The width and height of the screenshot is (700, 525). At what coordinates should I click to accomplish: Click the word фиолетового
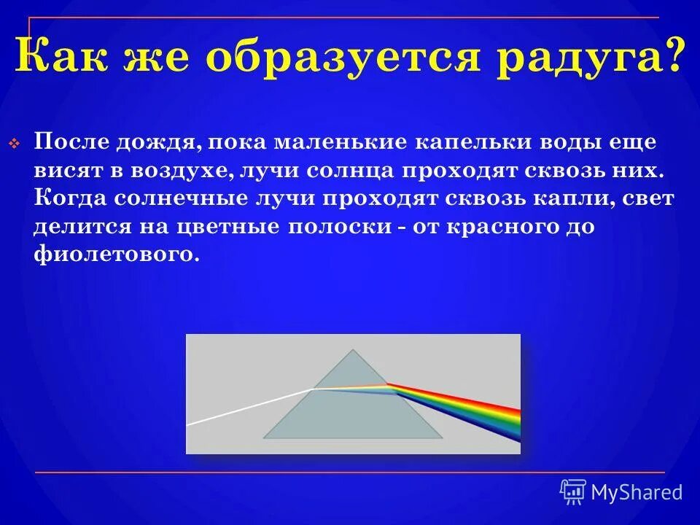pyautogui.click(x=115, y=255)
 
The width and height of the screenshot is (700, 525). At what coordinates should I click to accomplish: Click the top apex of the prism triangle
pyautogui.click(x=354, y=351)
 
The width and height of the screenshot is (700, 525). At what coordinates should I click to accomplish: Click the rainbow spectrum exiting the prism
pyautogui.click(x=474, y=411)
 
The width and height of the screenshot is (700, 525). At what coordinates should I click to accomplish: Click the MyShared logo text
pyautogui.click(x=636, y=492)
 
